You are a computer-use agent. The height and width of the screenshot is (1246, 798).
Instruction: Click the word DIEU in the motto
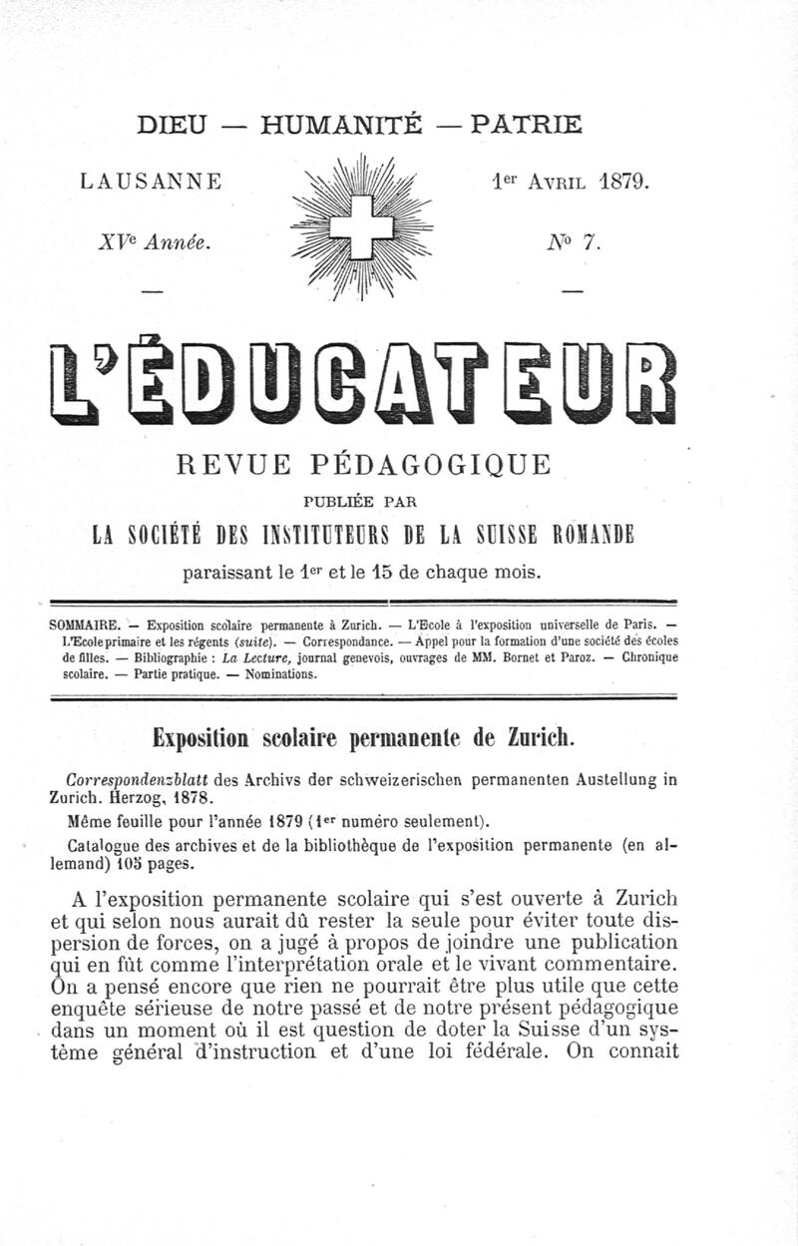[x=171, y=125]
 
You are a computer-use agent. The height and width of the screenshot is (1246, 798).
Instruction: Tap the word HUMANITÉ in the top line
[x=341, y=125]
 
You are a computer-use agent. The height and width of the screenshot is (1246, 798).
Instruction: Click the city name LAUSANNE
[x=151, y=183]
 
